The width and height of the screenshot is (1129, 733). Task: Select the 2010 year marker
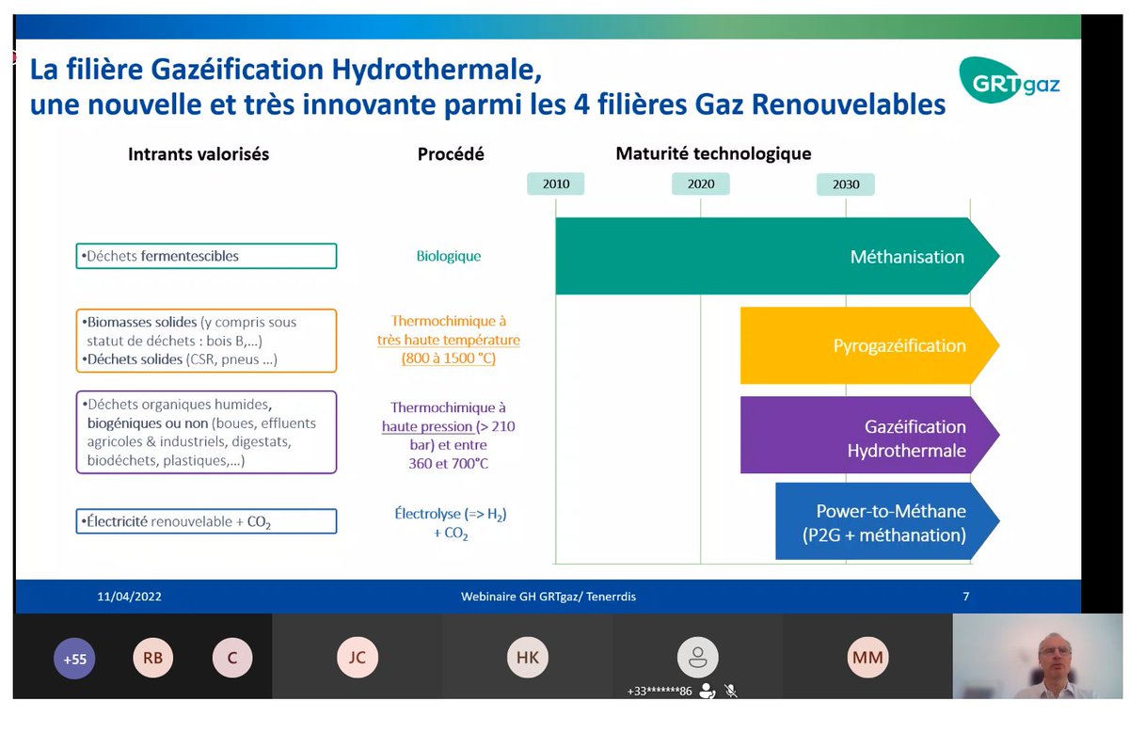[x=556, y=183]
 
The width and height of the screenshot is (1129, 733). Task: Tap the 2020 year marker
[x=700, y=183]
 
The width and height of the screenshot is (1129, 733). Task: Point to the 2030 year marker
[x=845, y=183]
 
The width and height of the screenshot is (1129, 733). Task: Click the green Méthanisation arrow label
[x=907, y=257]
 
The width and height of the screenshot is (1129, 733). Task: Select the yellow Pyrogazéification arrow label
[x=898, y=345]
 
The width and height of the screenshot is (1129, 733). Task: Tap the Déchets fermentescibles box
[x=206, y=256]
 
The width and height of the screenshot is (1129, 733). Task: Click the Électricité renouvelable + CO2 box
[x=206, y=521]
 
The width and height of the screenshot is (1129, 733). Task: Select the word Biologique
[x=449, y=256]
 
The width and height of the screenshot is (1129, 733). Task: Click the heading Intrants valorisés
[x=199, y=154]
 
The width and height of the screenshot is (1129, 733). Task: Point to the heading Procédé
[x=451, y=154]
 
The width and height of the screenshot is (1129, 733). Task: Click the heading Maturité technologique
[x=712, y=153]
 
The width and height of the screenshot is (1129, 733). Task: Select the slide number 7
[x=965, y=597]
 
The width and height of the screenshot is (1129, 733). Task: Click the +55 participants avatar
[x=74, y=659]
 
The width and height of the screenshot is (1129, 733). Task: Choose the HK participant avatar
[x=528, y=658]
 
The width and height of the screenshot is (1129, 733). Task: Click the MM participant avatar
[x=867, y=658]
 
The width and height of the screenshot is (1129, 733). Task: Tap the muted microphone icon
[x=730, y=691]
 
